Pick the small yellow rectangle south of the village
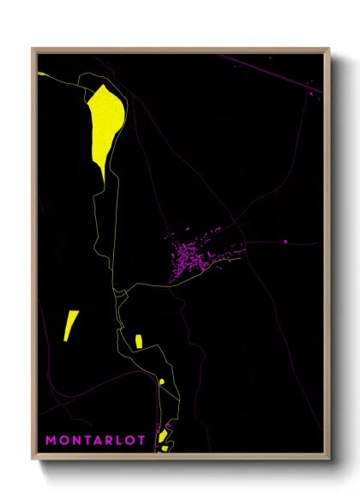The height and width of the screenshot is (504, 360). tap(138, 340)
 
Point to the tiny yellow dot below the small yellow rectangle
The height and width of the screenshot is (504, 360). tap(161, 381)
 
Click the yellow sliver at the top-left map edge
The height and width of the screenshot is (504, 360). tap(41, 74)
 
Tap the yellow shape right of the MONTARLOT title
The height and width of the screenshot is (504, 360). tap(163, 439)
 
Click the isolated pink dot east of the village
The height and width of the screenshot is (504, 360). tap(285, 243)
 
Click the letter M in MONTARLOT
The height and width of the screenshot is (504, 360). tap(51, 441)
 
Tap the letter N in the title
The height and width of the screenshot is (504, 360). tap(76, 441)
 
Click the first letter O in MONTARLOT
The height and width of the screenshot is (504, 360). tap(63, 441)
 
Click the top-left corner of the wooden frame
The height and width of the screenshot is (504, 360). tap(33, 49)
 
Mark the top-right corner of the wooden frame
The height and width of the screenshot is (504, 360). tap(329, 49)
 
